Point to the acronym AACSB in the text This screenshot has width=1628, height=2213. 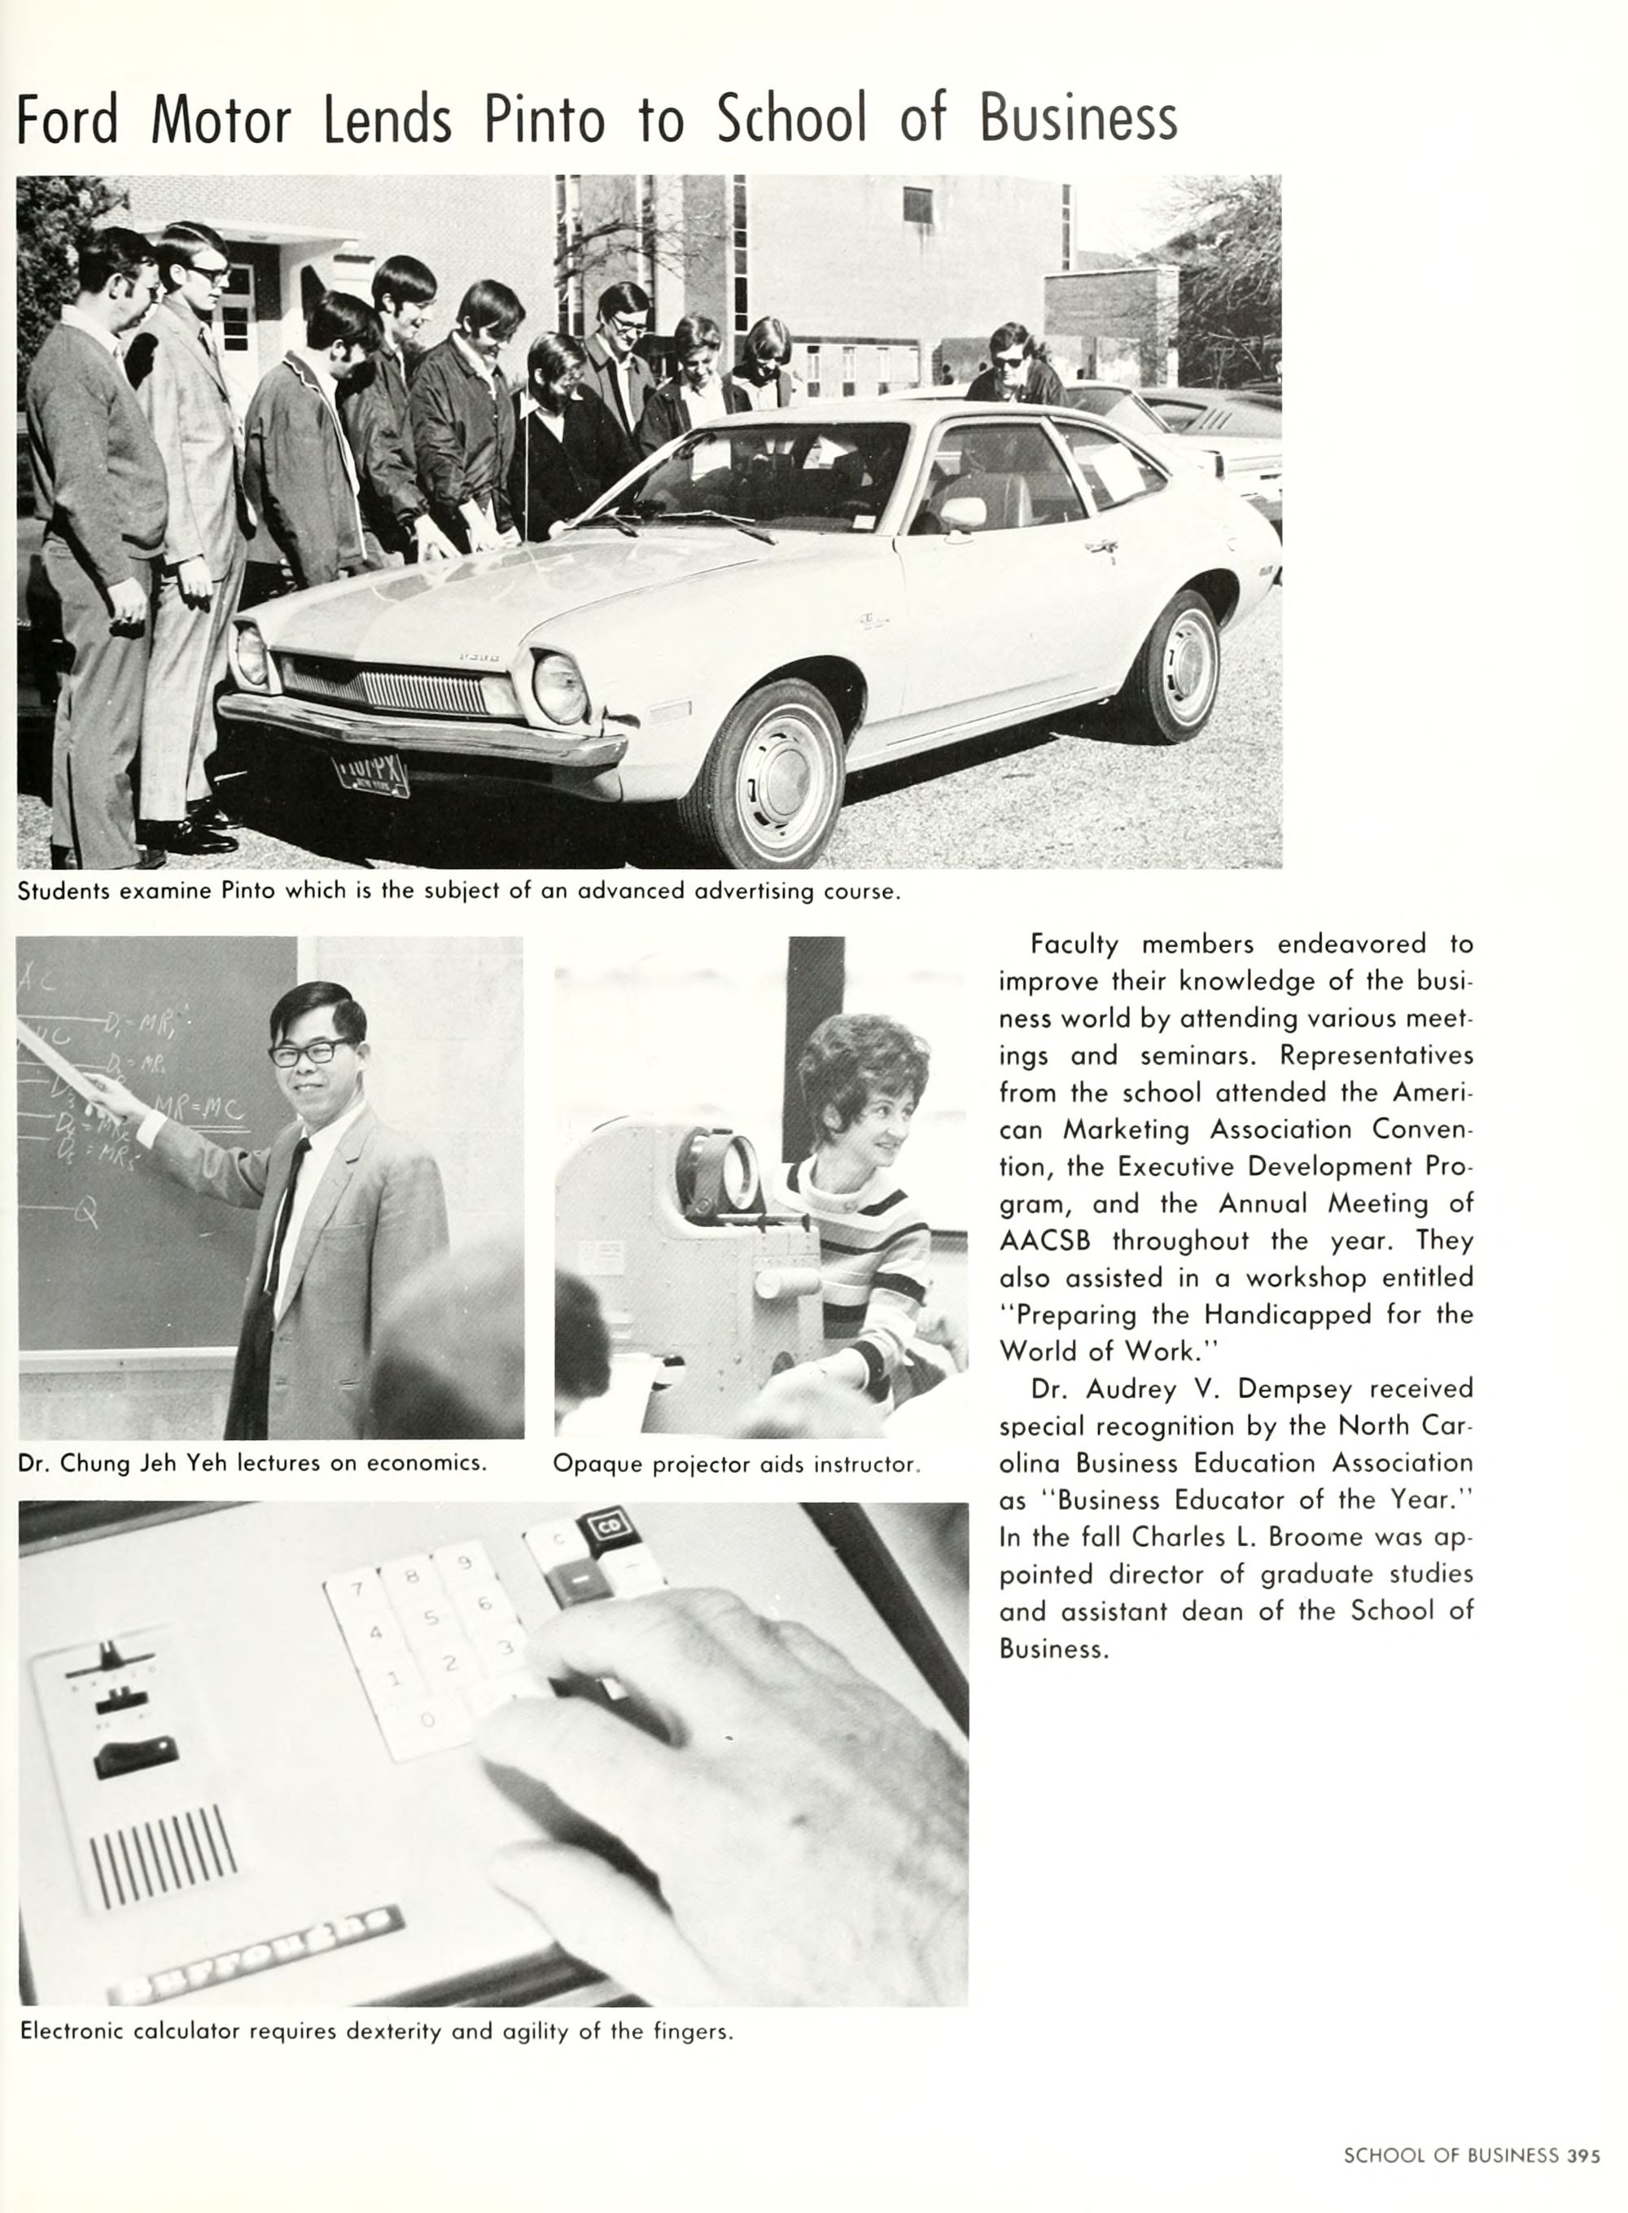[x=1043, y=1241]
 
